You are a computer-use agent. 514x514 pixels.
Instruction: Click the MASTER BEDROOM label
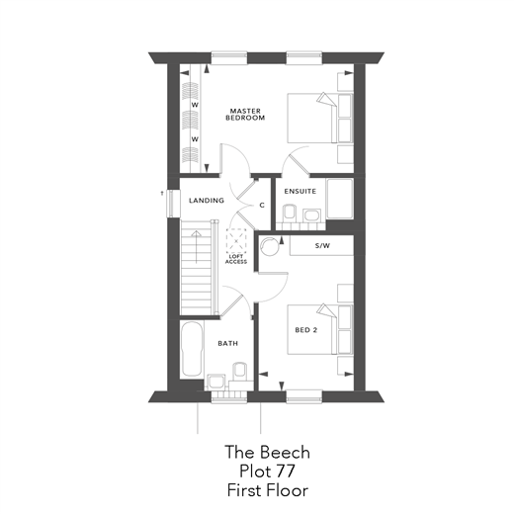pyautogui.click(x=245, y=114)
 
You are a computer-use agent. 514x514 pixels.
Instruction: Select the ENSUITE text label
pyautogui.click(x=300, y=191)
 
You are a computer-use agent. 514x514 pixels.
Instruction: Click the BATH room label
pyautogui.click(x=227, y=343)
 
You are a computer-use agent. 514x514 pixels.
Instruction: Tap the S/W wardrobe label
pyautogui.click(x=322, y=245)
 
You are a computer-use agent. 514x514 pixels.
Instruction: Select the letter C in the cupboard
pyautogui.click(x=261, y=206)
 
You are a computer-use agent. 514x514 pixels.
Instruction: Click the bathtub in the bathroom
pyautogui.click(x=192, y=349)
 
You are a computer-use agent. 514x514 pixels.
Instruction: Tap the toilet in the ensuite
pyautogui.click(x=289, y=213)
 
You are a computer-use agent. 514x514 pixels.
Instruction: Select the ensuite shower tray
pyautogui.click(x=340, y=199)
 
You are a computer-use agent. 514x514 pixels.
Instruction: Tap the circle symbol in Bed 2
pyautogui.click(x=270, y=248)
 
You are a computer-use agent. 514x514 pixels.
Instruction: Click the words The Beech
pyautogui.click(x=267, y=452)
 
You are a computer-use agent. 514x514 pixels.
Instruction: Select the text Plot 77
pyautogui.click(x=267, y=471)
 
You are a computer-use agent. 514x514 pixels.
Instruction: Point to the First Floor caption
pyautogui.click(x=267, y=489)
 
